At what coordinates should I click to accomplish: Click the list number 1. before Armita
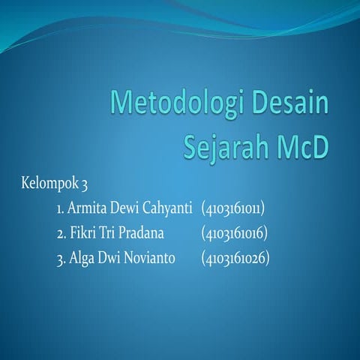[60, 207]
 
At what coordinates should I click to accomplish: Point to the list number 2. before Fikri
[61, 232]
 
